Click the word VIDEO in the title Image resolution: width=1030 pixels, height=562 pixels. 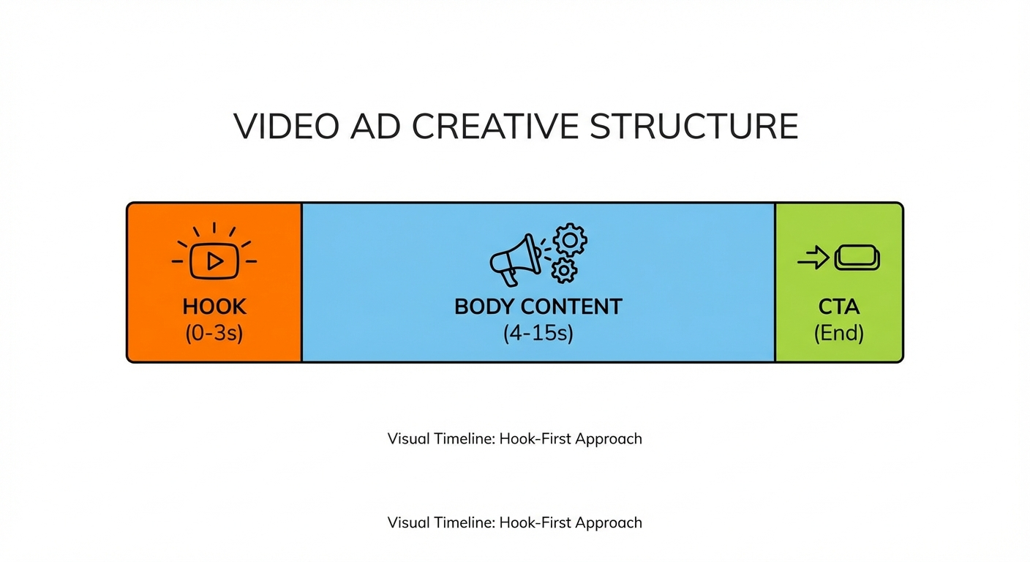coord(286,127)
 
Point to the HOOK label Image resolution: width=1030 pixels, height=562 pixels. coord(214,307)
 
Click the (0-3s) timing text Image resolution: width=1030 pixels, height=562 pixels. coord(214,334)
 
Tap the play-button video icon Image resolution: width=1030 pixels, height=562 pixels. coord(214,261)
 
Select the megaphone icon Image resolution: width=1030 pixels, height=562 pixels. coord(515,260)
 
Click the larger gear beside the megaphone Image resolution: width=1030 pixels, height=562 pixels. coord(570,240)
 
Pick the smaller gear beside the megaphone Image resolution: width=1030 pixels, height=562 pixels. coord(563,271)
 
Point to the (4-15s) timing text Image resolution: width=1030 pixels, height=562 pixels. coord(538,334)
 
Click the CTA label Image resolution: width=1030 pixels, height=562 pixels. coord(839,307)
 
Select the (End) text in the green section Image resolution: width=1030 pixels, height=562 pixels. coord(839,334)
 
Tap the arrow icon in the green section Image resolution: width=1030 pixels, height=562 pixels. coord(813,258)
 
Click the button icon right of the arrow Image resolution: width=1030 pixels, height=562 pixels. coord(857,258)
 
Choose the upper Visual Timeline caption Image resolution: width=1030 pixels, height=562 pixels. coord(514,439)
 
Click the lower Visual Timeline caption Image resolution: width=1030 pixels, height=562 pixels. coord(514,522)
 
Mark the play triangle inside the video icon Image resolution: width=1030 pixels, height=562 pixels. coord(214,261)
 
